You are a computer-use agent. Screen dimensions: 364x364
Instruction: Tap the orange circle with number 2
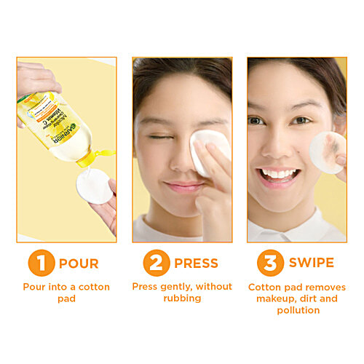(x=155, y=263)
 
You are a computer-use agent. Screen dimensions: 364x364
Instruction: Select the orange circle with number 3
(x=269, y=263)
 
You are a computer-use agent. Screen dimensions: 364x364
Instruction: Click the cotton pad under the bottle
(x=95, y=186)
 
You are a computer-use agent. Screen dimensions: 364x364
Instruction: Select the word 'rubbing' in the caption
(x=181, y=298)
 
